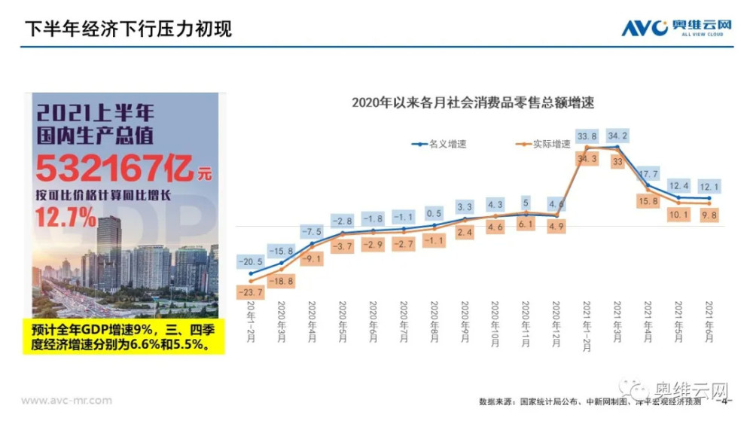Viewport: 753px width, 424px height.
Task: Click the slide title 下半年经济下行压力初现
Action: click(x=128, y=29)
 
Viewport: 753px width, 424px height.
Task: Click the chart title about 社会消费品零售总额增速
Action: click(x=473, y=103)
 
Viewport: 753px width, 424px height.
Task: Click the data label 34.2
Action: click(x=617, y=136)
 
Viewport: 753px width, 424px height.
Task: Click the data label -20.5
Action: click(x=250, y=261)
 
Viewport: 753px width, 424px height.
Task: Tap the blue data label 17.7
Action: click(x=648, y=174)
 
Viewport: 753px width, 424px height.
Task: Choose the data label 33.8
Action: click(x=587, y=136)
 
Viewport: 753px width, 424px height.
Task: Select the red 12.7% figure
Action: click(x=65, y=218)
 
